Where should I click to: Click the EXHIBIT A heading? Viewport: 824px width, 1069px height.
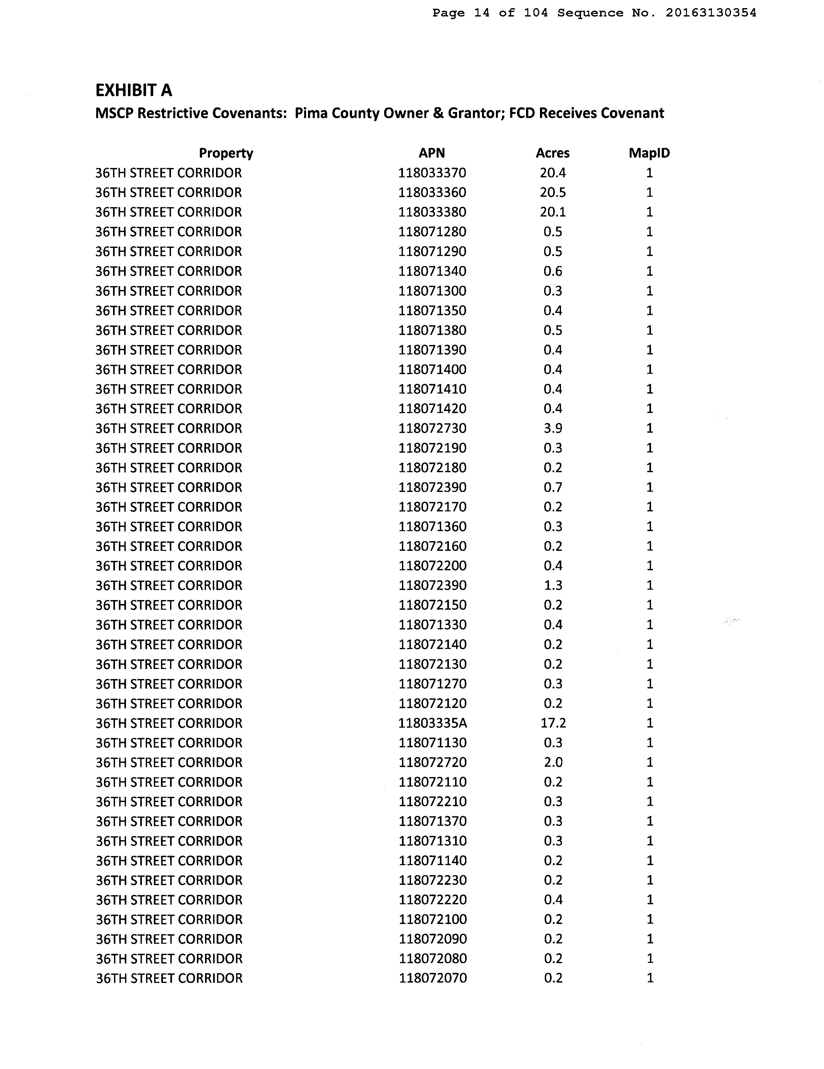click(x=133, y=91)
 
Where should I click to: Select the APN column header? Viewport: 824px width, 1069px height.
click(x=431, y=153)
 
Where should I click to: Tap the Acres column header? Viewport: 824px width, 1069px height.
click(x=552, y=153)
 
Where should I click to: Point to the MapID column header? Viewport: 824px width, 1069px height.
click(x=649, y=153)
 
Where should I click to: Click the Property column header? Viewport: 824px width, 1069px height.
click(x=226, y=153)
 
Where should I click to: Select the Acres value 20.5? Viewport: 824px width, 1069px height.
click(x=553, y=192)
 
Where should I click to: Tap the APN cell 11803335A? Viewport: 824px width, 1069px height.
click(x=432, y=723)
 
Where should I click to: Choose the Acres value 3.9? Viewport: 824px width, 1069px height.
click(x=553, y=428)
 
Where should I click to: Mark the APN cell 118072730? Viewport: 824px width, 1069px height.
click(x=432, y=428)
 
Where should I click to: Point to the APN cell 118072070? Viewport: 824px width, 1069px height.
click(x=433, y=978)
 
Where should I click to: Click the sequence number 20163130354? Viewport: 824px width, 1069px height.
click(x=710, y=13)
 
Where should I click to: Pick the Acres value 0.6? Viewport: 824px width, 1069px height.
click(x=553, y=271)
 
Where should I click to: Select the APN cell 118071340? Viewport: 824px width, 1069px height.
click(x=432, y=271)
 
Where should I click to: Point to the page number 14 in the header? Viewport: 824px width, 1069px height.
click(x=482, y=13)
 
